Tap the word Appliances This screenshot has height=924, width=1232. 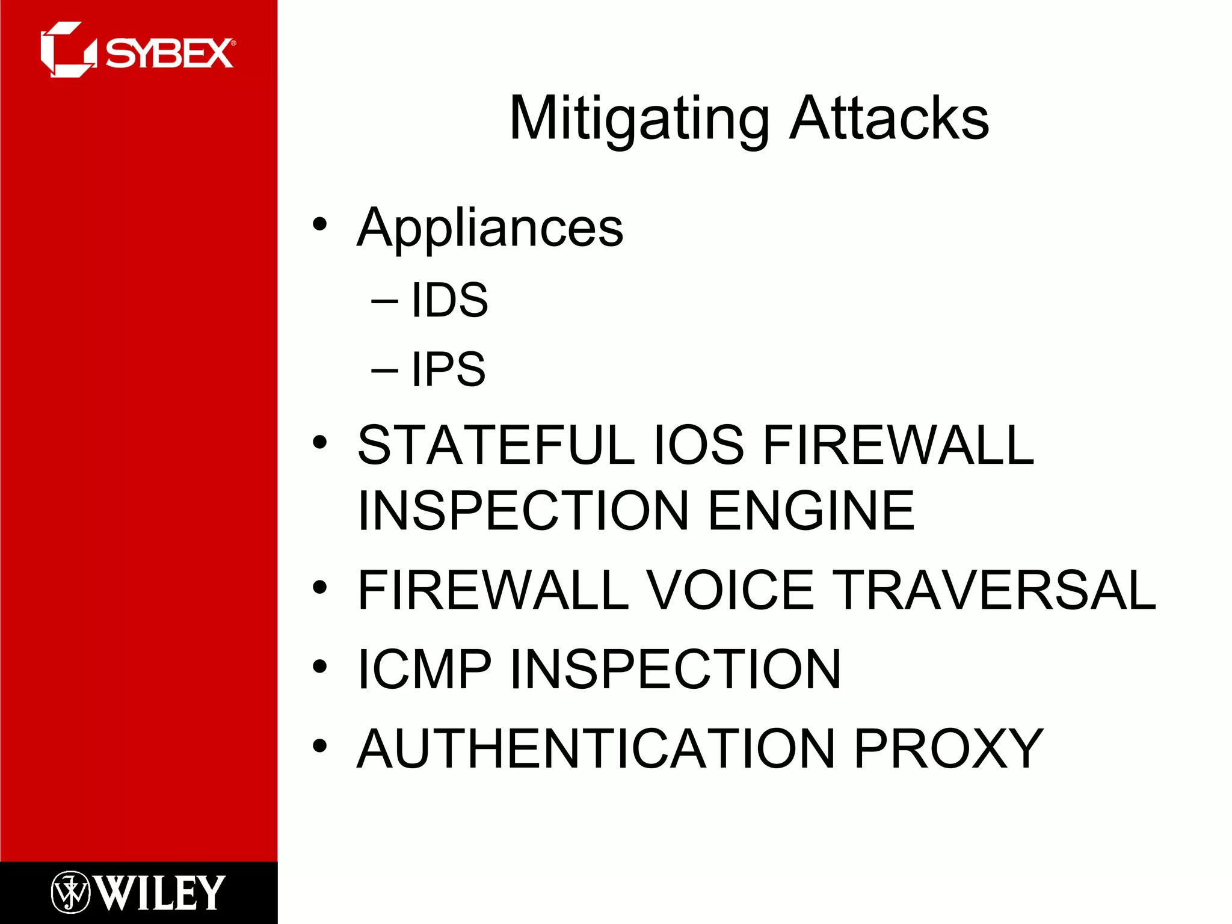[x=490, y=228]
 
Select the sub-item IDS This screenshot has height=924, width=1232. [x=449, y=300]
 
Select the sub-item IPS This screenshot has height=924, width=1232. [x=448, y=369]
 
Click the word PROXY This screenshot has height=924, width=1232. [x=949, y=748]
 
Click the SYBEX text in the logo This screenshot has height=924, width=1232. [x=170, y=54]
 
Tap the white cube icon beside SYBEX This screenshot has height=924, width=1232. [x=68, y=50]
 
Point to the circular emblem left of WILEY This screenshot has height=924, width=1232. [x=70, y=892]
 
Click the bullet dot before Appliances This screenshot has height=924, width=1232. [x=319, y=224]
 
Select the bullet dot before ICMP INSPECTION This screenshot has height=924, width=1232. [x=319, y=666]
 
